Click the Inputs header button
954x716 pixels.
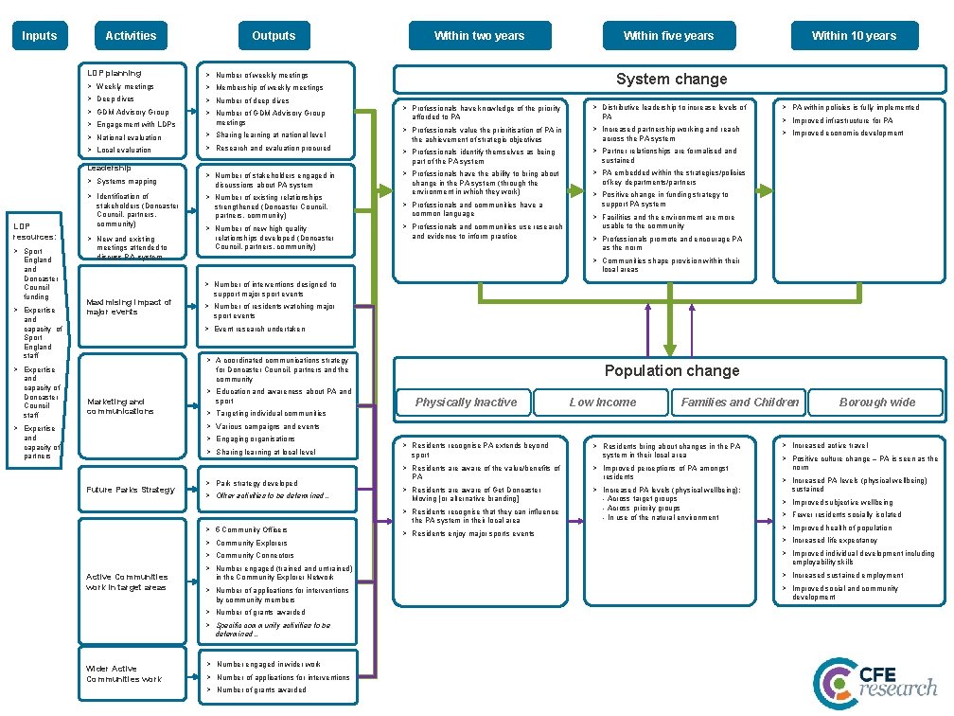click(x=39, y=36)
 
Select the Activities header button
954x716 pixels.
click(x=131, y=36)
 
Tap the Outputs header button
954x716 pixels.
click(x=274, y=36)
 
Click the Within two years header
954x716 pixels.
click(x=479, y=36)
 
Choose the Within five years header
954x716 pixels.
click(x=668, y=36)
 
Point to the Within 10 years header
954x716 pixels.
click(x=853, y=36)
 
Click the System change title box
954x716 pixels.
click(x=671, y=80)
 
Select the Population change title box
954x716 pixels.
click(x=671, y=370)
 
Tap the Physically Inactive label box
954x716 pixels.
click(x=467, y=402)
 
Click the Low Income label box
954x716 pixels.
click(x=602, y=402)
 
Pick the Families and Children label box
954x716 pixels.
click(x=740, y=402)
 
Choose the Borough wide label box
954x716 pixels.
click(x=876, y=402)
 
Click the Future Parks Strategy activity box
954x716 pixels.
click(x=131, y=490)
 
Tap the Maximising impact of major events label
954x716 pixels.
click(x=129, y=307)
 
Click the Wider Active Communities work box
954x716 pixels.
click(x=124, y=673)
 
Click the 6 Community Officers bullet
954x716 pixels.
click(x=251, y=529)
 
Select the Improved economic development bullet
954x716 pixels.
click(x=847, y=134)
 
